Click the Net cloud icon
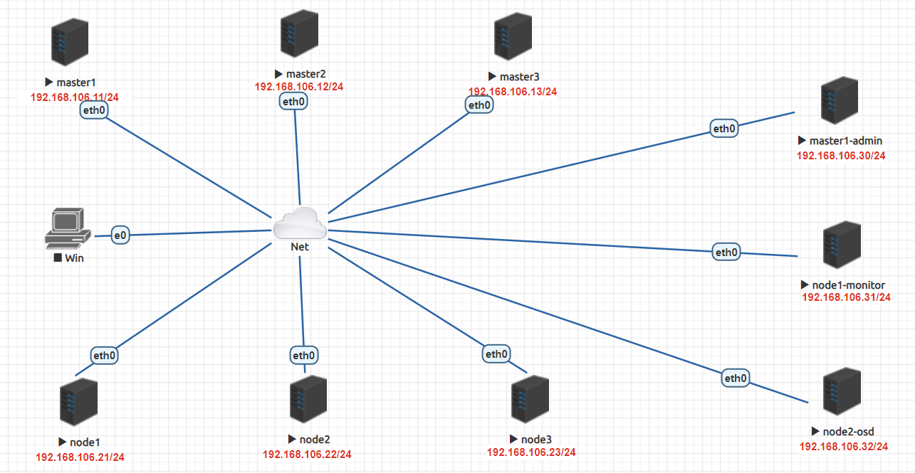tap(300, 223)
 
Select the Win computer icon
tap(68, 227)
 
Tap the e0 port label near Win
tap(120, 235)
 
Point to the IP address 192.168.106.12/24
tap(299, 87)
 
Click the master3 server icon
tap(513, 38)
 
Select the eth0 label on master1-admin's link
tap(723, 129)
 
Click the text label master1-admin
tap(846, 141)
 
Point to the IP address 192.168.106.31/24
tap(846, 297)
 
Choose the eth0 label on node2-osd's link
tap(736, 378)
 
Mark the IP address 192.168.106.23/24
tap(531, 452)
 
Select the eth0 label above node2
tap(303, 355)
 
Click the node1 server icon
tap(78, 401)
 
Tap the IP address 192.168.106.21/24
tap(80, 457)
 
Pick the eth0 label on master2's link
tap(294, 102)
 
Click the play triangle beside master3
tap(492, 77)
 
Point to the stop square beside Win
tap(58, 258)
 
